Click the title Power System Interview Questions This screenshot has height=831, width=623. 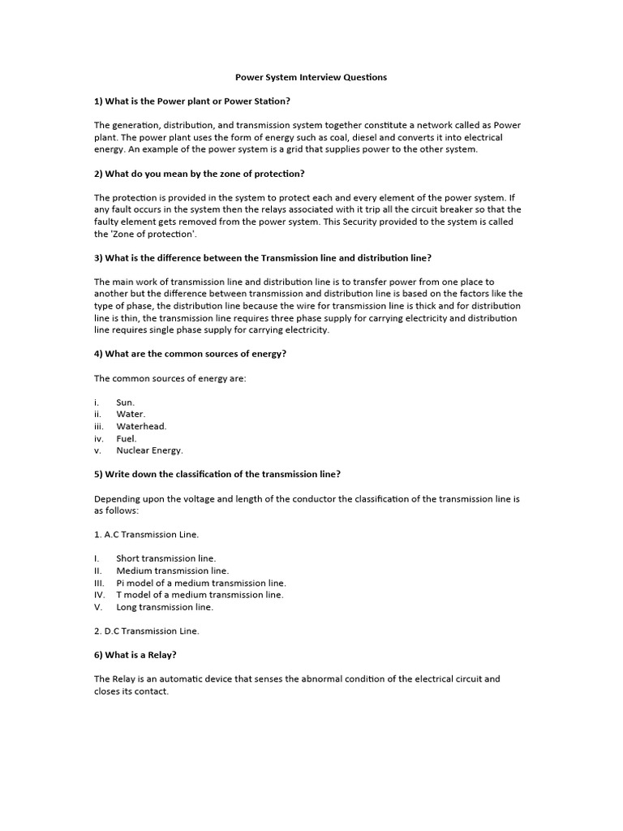311,77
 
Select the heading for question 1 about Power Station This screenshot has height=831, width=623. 192,101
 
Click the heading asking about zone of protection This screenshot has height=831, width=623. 200,174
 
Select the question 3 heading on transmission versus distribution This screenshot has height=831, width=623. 263,257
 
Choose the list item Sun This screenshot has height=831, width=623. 125,402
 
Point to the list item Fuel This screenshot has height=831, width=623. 126,438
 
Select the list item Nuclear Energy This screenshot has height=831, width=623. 149,450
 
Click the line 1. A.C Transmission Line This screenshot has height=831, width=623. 146,534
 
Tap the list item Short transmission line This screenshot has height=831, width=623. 165,558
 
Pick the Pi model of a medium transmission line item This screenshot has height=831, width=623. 200,583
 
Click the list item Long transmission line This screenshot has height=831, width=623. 165,606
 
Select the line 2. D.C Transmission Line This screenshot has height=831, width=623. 146,631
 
